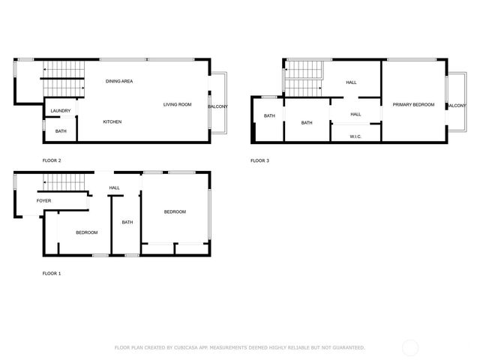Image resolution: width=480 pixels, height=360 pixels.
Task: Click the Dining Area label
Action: pyautogui.click(x=119, y=81)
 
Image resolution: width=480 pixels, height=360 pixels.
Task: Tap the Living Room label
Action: pyautogui.click(x=178, y=104)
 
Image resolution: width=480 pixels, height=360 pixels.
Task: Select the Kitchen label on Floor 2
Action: pyautogui.click(x=112, y=121)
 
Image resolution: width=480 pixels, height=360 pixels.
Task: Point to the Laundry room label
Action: pyautogui.click(x=61, y=111)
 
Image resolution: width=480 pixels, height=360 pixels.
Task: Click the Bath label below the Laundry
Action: pyautogui.click(x=61, y=132)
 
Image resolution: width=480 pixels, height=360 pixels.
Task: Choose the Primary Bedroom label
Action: pyautogui.click(x=413, y=105)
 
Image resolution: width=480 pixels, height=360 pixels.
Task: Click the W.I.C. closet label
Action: pyautogui.click(x=356, y=136)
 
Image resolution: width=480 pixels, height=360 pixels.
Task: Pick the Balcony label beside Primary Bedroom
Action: pyautogui.click(x=457, y=106)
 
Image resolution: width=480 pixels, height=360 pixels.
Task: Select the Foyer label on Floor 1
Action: pyautogui.click(x=45, y=201)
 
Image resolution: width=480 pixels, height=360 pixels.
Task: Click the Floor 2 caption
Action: pyautogui.click(x=52, y=160)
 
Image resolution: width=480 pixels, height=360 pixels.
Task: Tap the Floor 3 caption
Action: pyautogui.click(x=259, y=160)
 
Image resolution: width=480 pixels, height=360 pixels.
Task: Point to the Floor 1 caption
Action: pyautogui.click(x=52, y=273)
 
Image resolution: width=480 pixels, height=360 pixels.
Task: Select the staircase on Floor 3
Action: pyautogui.click(x=304, y=78)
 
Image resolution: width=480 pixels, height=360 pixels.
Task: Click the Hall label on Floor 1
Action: pyautogui.click(x=115, y=188)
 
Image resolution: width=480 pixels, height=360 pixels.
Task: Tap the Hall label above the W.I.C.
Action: pyautogui.click(x=355, y=114)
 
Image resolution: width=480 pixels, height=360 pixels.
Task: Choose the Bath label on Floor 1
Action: pyautogui.click(x=127, y=222)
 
